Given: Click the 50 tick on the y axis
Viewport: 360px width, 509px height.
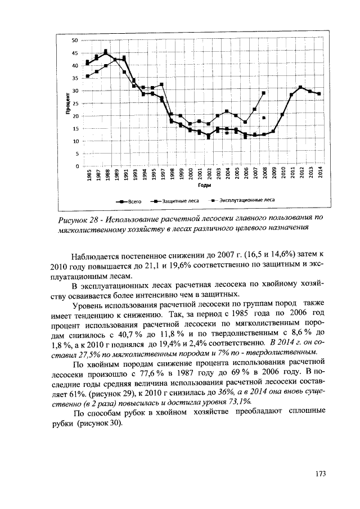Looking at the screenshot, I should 74,40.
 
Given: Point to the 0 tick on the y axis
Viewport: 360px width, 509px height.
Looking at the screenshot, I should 75,166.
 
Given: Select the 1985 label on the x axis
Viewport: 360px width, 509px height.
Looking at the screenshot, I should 88,175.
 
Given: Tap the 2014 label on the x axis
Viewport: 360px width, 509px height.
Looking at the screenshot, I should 319,175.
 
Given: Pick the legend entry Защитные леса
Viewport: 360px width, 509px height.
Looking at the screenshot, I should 176,200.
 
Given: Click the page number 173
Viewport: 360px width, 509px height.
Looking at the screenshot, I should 321,473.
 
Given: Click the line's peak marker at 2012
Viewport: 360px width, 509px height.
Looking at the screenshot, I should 301,87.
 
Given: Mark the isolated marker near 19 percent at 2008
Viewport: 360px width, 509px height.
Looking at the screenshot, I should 264,118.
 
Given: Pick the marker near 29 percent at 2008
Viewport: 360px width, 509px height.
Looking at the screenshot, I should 264,93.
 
